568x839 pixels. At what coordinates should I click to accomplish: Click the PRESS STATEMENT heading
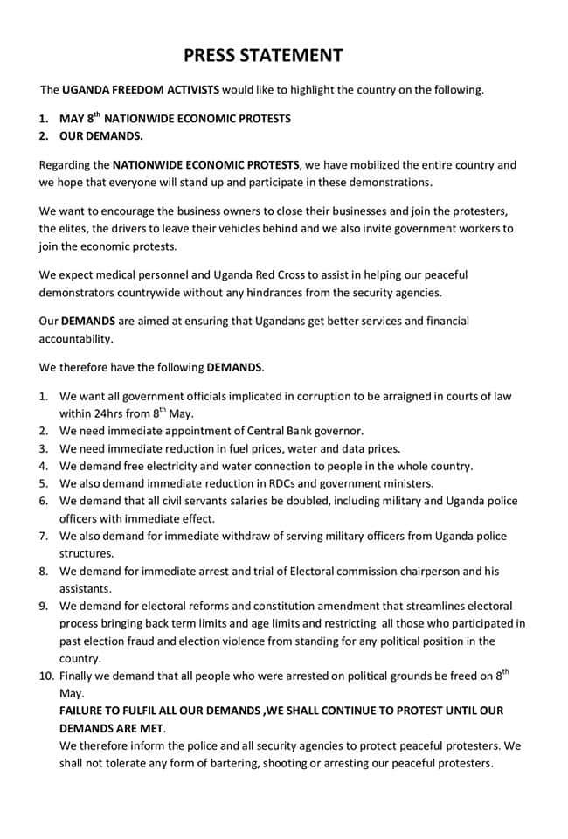click(x=263, y=56)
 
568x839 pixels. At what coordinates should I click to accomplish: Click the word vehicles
click(x=323, y=228)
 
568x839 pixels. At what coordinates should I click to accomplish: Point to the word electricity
click(x=190, y=466)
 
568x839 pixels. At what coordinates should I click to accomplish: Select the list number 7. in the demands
click(x=45, y=536)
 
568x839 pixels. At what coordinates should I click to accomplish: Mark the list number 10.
click(x=46, y=676)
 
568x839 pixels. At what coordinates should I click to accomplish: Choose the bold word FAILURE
click(x=87, y=711)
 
